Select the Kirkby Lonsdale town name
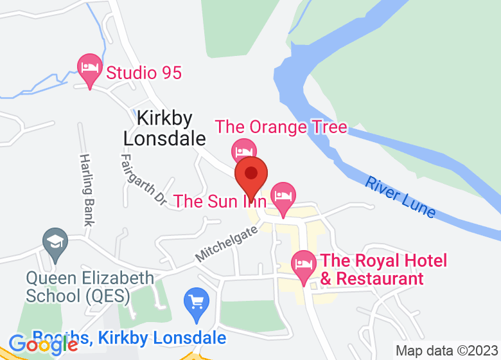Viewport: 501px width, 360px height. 164,129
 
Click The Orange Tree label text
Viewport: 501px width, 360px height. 281,127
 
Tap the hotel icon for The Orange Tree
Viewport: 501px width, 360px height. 243,150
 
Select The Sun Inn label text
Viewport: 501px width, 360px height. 220,201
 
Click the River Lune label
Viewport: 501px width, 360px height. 400,196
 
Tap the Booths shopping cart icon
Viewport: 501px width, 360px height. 197,301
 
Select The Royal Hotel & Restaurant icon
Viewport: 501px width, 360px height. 304,264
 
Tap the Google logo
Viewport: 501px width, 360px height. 44,345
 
